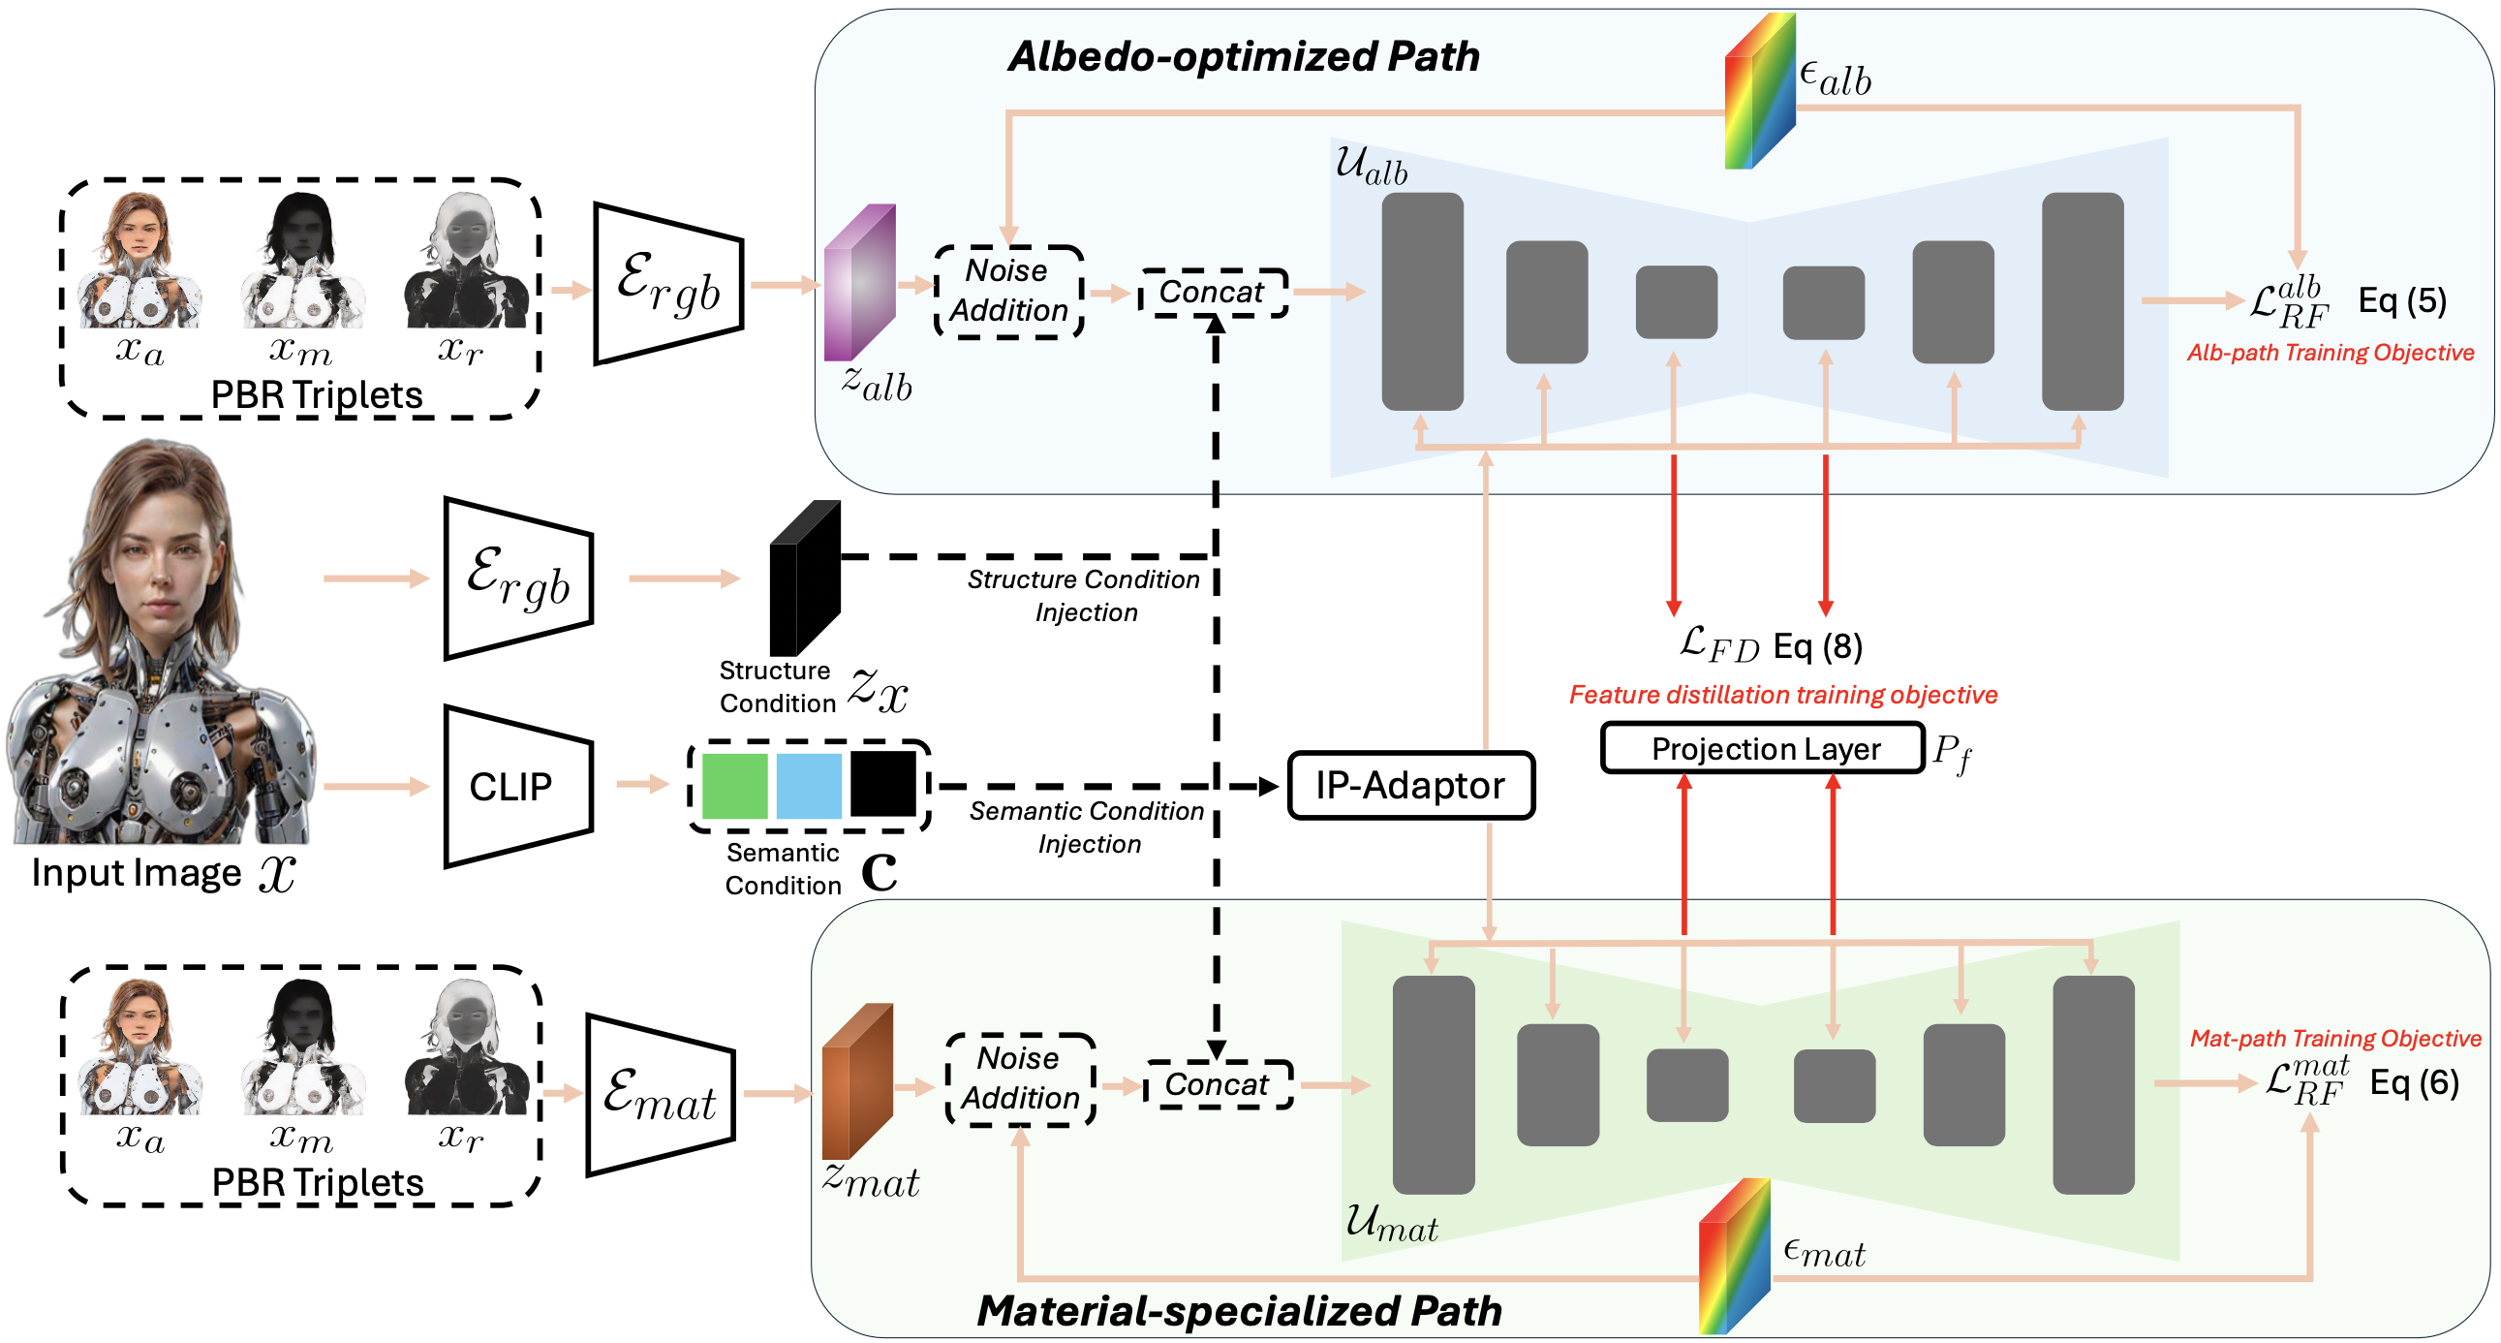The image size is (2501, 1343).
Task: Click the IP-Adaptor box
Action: [1409, 785]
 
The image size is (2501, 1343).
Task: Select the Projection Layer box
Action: [1761, 749]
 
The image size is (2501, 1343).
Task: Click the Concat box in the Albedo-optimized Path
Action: [1214, 293]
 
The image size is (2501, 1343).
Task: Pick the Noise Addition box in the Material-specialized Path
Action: [1020, 1078]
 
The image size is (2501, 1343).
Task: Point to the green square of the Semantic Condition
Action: [734, 785]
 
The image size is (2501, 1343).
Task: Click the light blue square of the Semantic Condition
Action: [809, 785]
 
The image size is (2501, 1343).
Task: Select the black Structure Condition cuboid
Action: [803, 578]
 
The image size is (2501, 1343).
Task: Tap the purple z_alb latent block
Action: [858, 283]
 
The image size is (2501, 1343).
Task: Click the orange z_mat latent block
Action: [856, 1080]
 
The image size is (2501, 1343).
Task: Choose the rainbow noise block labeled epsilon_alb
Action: [1758, 92]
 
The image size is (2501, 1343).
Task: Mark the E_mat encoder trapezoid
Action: [661, 1095]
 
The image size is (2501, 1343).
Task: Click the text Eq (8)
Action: [1816, 645]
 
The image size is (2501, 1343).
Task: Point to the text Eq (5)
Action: [2402, 301]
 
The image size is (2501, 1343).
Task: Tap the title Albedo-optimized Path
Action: [1244, 56]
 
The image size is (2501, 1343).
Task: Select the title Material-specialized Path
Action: [1239, 1310]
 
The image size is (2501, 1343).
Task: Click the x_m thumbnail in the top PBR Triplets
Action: [302, 261]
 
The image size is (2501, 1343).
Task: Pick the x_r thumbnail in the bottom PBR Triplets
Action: [466, 1047]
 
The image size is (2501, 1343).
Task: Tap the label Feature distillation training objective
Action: [1782, 696]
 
